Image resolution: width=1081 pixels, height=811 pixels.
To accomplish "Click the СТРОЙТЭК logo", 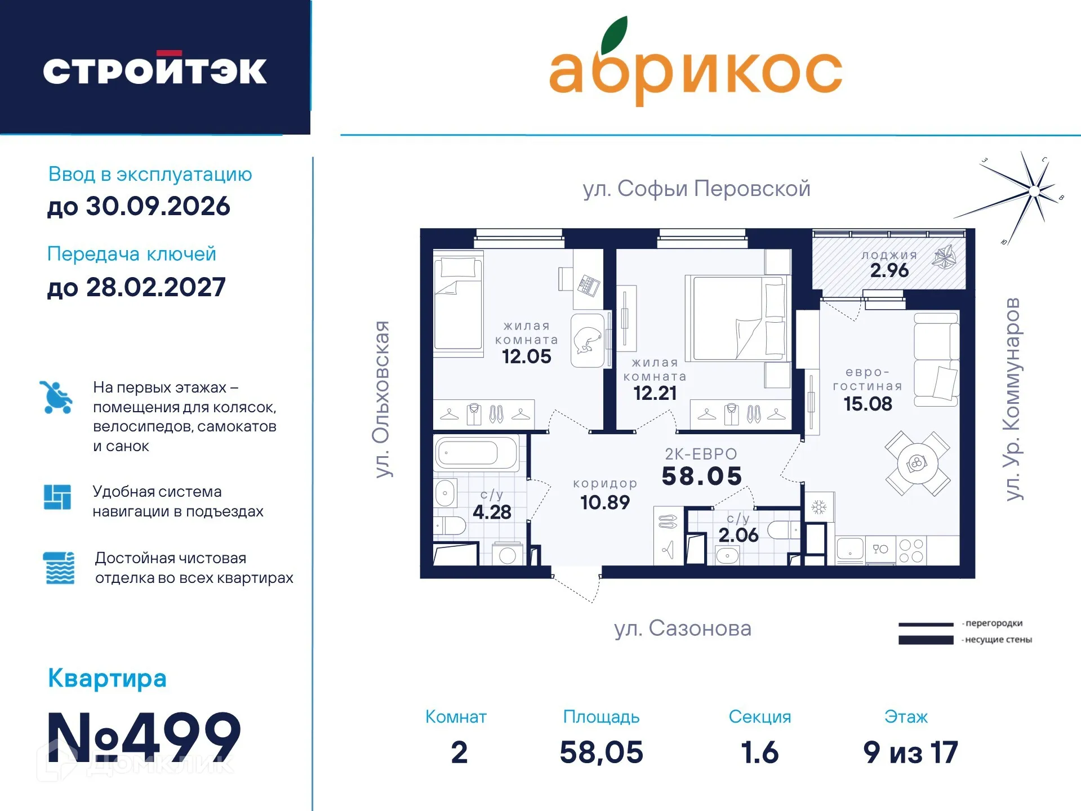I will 155,70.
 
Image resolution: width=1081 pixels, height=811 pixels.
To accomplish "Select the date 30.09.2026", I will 158,206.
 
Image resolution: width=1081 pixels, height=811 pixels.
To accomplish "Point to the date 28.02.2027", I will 155,287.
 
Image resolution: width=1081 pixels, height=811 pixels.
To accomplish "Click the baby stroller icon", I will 56,397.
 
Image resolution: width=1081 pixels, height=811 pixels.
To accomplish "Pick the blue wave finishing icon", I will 59,568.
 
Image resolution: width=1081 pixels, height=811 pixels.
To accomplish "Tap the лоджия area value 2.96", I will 889,271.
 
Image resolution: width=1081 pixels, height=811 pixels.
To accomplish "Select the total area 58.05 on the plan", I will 701,476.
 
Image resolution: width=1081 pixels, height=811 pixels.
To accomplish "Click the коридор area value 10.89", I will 605,502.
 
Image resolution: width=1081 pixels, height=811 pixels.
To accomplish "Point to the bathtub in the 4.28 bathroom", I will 477,453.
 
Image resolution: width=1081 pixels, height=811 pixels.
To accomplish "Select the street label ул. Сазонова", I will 683,629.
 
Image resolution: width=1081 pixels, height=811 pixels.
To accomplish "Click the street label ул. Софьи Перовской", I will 696,189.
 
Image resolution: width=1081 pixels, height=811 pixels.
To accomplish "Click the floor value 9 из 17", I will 910,752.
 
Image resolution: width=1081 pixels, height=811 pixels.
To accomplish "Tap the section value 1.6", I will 759,752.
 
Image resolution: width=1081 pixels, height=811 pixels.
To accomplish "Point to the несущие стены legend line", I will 926,640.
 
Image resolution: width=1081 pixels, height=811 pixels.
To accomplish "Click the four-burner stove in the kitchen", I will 911,551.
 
